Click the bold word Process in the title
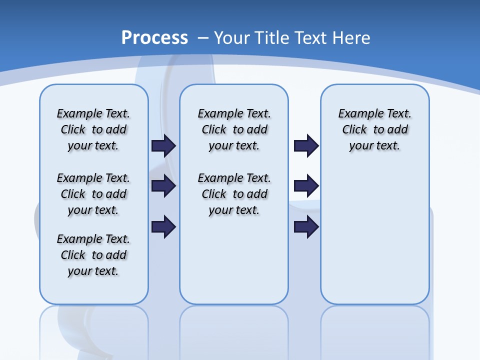click(x=154, y=37)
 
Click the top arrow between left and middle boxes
click(x=163, y=145)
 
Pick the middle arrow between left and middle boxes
click(x=163, y=186)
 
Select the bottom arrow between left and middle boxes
click(x=163, y=226)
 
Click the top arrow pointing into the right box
click(x=306, y=145)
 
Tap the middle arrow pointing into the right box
click(x=306, y=186)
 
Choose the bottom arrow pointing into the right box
click(x=306, y=226)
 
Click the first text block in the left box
click(x=93, y=129)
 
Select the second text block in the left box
click(x=93, y=194)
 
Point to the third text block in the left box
click(x=93, y=255)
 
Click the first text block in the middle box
click(x=234, y=129)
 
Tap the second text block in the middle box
click(x=234, y=194)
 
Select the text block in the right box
click(x=374, y=129)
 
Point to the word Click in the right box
click(x=354, y=130)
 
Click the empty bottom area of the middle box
click(x=234, y=265)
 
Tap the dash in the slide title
click(x=203, y=38)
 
